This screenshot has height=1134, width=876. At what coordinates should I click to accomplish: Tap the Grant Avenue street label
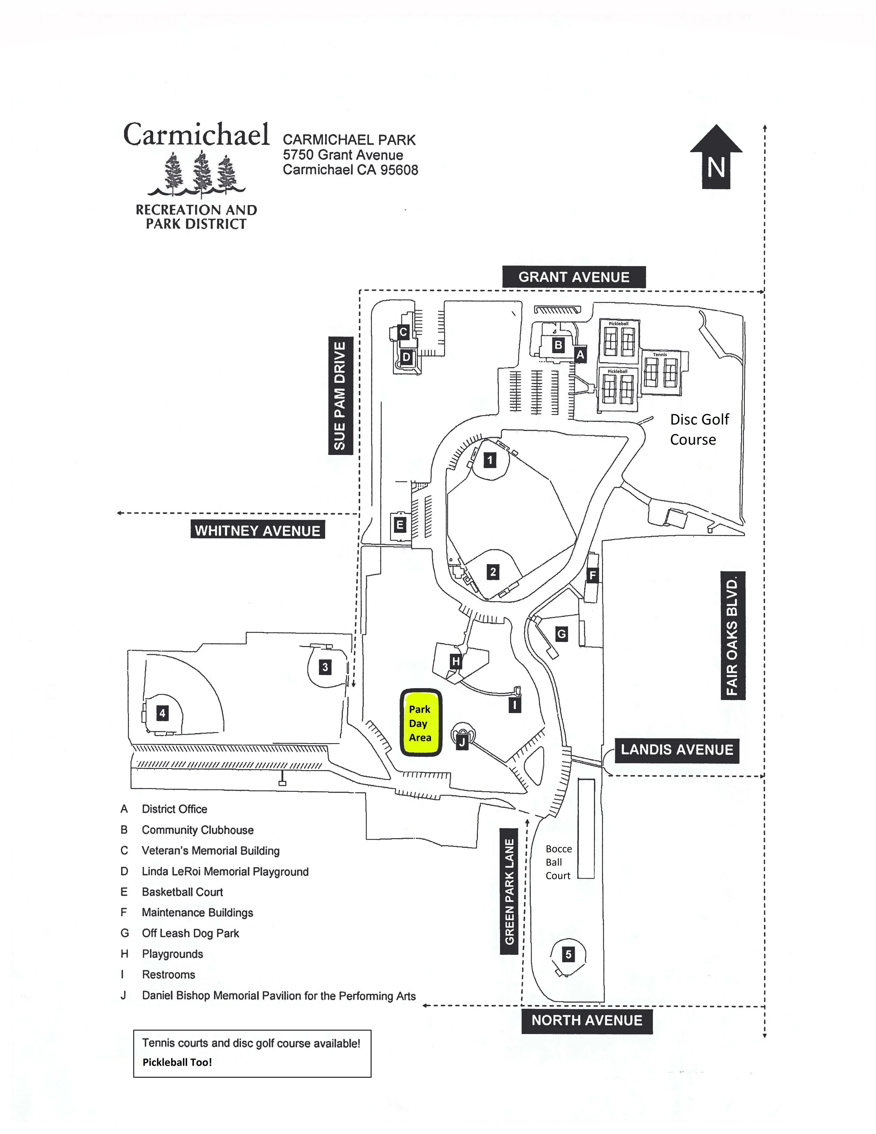574,277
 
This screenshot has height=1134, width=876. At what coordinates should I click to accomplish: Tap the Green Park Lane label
509,891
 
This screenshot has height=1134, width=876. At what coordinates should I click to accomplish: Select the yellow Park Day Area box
420,723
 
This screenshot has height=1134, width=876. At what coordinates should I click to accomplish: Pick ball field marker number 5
568,954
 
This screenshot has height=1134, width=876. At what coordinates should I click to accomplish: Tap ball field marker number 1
490,460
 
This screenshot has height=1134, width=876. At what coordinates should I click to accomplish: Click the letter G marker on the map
561,634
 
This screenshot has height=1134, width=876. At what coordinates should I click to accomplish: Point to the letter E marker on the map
399,525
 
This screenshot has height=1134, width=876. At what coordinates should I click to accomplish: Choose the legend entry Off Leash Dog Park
190,933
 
